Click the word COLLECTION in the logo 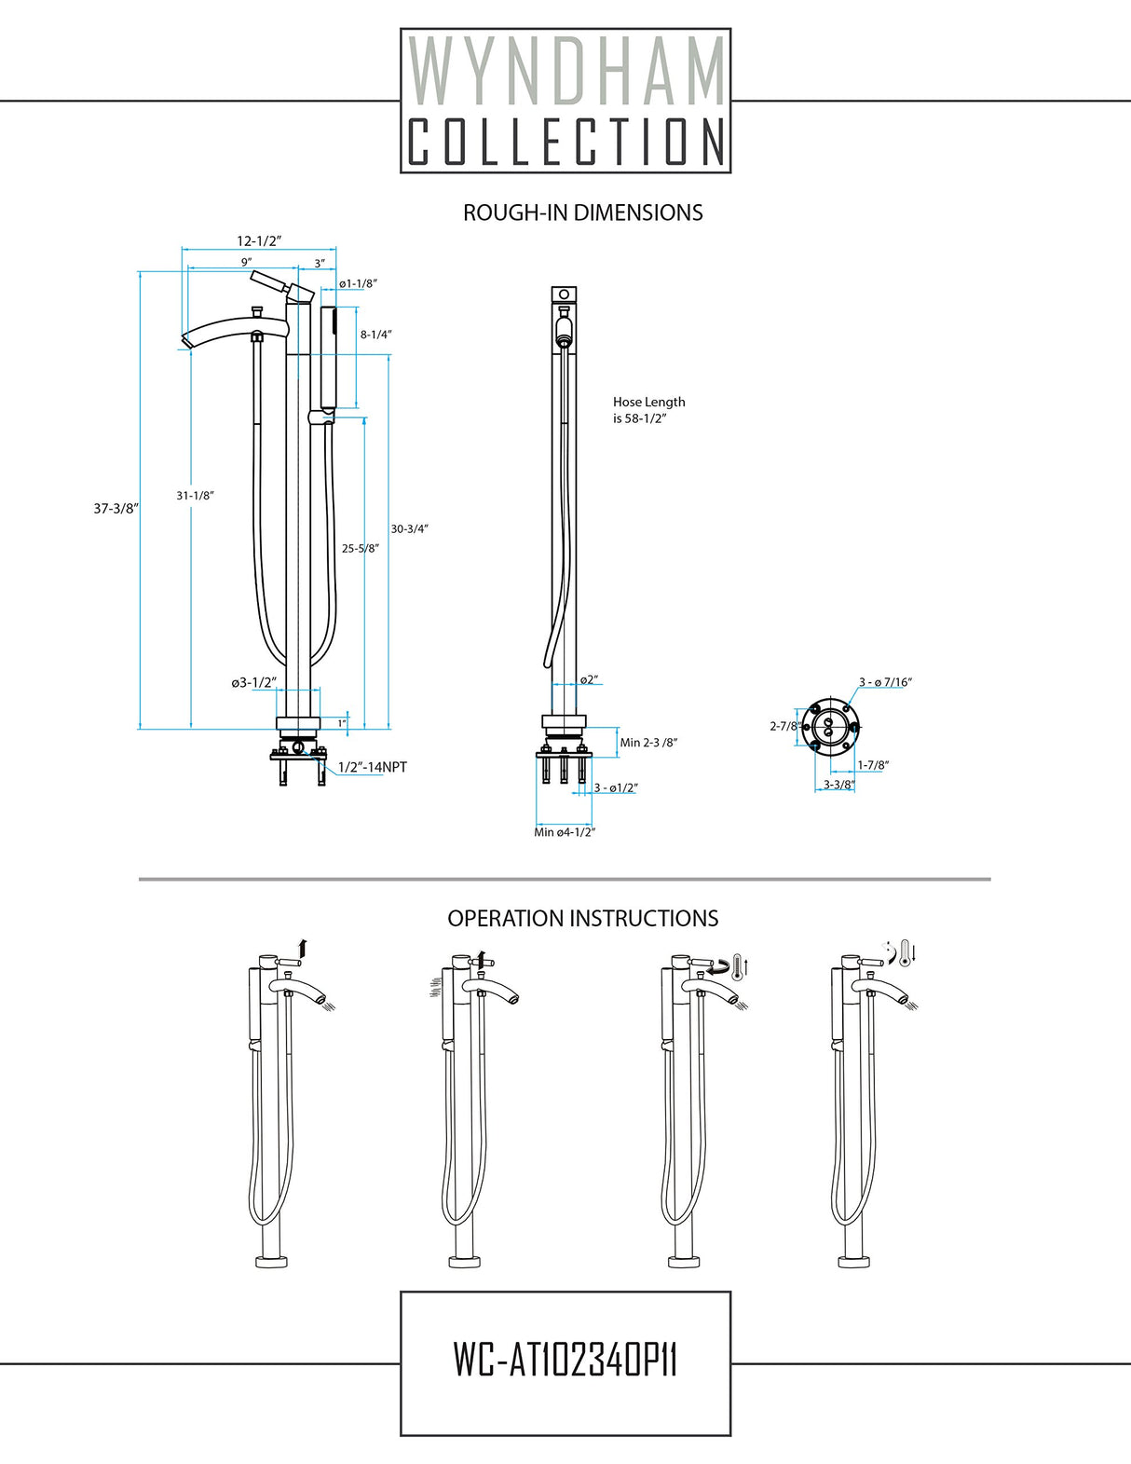565,142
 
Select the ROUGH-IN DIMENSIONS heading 582,212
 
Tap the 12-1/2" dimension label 259,240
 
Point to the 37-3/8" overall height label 116,509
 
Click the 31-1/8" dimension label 196,496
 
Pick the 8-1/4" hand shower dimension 376,335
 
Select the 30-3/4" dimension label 409,528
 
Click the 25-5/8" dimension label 360,549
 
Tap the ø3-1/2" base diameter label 253,683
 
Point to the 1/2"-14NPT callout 372,767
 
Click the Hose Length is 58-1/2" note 648,410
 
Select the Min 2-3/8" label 648,743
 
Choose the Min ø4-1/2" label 564,832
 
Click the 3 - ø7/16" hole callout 885,682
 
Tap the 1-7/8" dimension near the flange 873,765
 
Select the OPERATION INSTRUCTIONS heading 582,918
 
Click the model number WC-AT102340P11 565,1361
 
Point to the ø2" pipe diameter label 588,679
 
